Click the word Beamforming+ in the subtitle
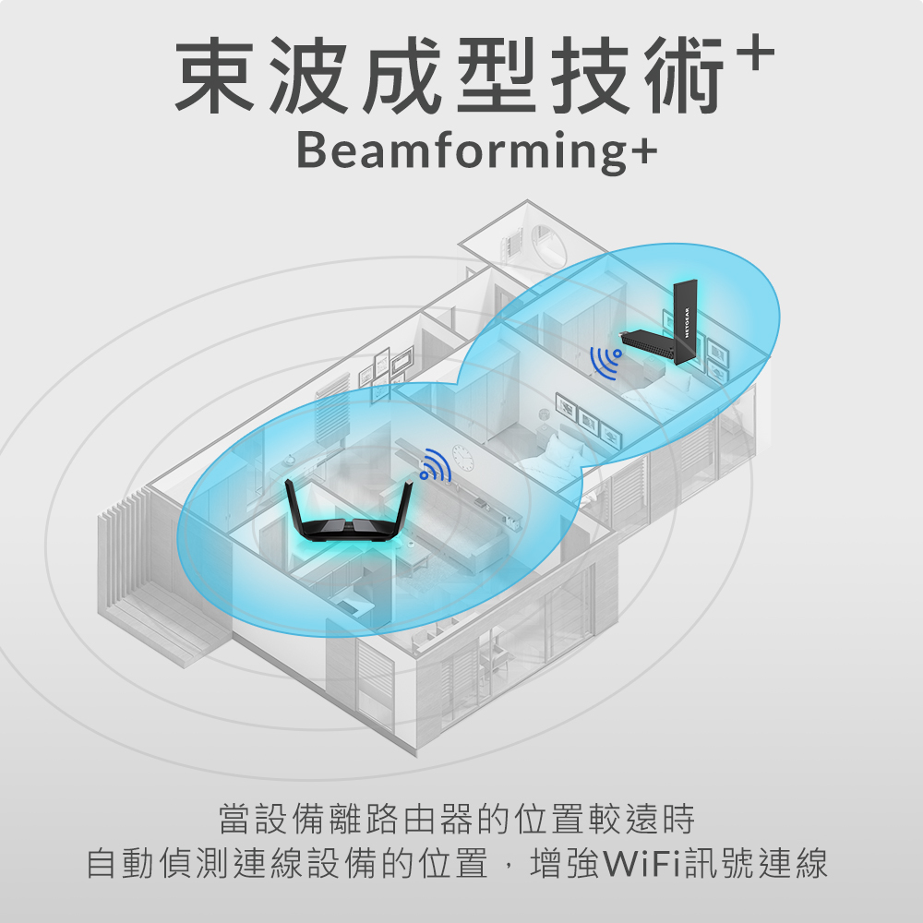click(x=477, y=150)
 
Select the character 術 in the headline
click(x=683, y=75)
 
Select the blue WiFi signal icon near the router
click(x=435, y=464)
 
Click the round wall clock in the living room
click(x=462, y=458)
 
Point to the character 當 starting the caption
click(x=235, y=819)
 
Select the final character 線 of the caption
click(x=810, y=864)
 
